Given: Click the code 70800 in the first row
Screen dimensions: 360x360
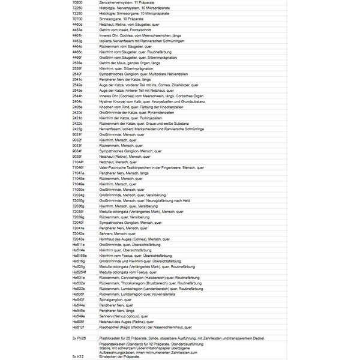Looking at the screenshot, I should click(77, 3).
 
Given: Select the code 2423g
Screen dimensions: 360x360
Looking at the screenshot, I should click(77, 129).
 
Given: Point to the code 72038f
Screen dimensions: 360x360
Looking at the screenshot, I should click(79, 212).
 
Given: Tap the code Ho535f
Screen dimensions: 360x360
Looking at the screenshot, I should click(79, 295).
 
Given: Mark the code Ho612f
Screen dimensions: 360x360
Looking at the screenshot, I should click(79, 328).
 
